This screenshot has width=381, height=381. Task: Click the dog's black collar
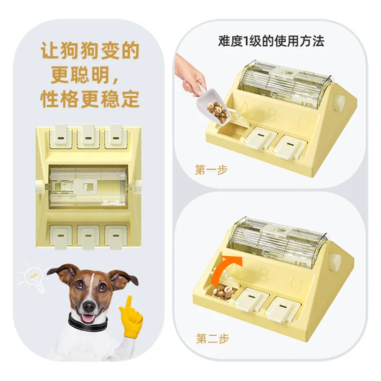point(88,323)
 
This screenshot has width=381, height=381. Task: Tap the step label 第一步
point(211,170)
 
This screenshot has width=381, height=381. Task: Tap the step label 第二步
point(212,339)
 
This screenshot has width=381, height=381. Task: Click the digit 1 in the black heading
point(246,41)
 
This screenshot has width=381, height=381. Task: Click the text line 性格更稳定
point(90,99)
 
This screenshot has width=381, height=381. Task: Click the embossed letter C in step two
point(296,283)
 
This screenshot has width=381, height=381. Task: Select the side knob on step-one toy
point(339,102)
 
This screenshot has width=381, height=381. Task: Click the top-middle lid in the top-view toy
point(88,136)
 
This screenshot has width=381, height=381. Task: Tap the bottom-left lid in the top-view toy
point(60,237)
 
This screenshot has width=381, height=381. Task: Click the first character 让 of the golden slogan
point(50,50)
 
